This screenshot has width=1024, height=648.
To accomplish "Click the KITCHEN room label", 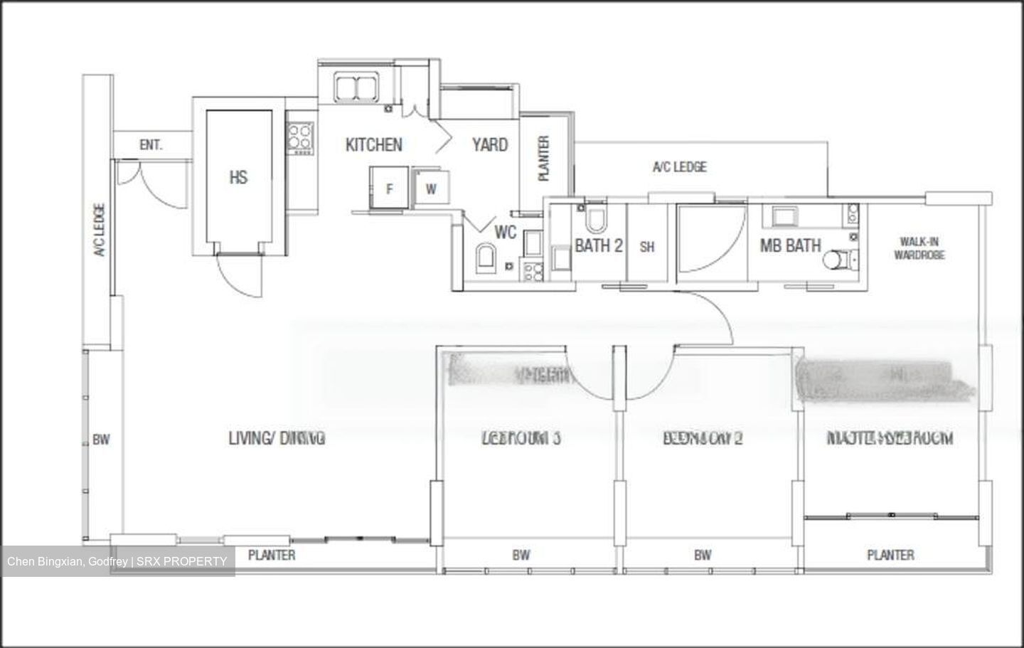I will tap(373, 145).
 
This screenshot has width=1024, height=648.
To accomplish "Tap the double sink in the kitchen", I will tap(356, 87).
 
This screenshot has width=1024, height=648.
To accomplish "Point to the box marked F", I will tap(389, 188).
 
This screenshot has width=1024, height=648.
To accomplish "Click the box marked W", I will tap(432, 188).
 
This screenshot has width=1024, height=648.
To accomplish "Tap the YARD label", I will tap(490, 145).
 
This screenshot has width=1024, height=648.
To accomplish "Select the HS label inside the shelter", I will tap(238, 177).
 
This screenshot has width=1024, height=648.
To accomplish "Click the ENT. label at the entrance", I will tap(151, 145).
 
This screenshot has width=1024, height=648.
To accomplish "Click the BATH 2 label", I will tap(598, 246).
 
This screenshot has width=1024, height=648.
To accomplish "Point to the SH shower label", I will tap(646, 247).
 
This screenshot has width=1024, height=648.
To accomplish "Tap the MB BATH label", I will tap(790, 246).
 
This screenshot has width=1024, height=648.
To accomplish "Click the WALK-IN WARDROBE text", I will tap(919, 248).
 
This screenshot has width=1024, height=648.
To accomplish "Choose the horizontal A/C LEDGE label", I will tap(679, 167).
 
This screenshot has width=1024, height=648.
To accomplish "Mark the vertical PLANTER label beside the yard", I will tap(544, 158).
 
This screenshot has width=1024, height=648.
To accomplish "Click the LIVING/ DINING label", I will tap(277, 438).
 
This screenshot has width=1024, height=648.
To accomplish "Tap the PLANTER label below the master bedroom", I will tap(890, 555).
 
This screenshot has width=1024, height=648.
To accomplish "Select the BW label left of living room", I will tap(101, 440).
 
